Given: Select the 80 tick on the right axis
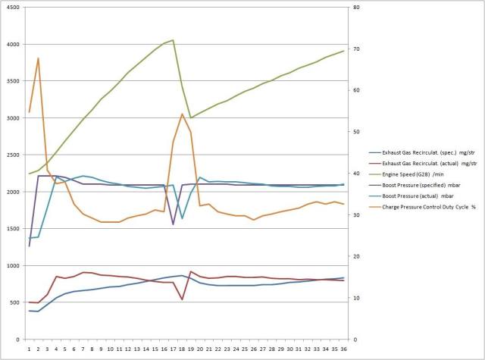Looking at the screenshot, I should tap(355, 8).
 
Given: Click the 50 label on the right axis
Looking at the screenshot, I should tap(355, 132).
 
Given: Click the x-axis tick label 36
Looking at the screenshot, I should tap(343, 349).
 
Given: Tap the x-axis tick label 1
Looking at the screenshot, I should tap(30, 349).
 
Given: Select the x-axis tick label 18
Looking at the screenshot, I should tap(182, 349).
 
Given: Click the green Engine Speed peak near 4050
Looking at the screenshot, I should tap(174, 40).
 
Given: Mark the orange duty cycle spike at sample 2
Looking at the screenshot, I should tap(38, 58).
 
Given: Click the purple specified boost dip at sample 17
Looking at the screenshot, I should tap(174, 224).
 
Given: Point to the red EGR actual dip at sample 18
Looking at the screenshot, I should tap(182, 299).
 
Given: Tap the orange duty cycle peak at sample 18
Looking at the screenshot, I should tap(182, 114).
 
